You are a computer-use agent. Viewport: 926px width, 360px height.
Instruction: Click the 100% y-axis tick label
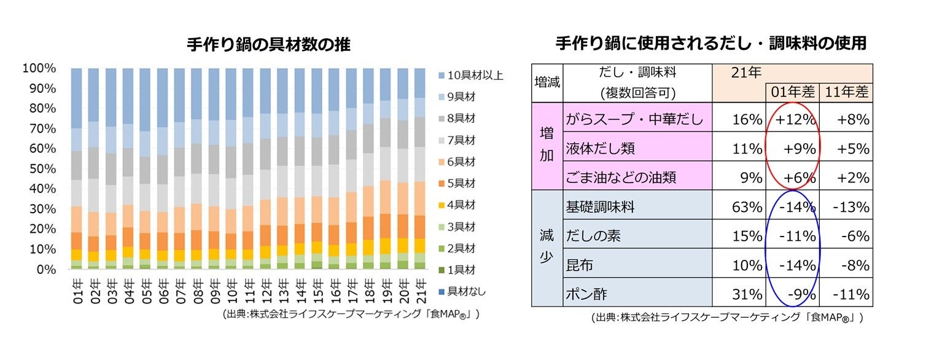pos(39,68)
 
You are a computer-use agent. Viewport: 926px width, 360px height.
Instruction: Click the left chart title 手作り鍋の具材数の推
pos(269,45)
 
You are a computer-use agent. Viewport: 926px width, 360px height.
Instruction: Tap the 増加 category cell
pos(547,147)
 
